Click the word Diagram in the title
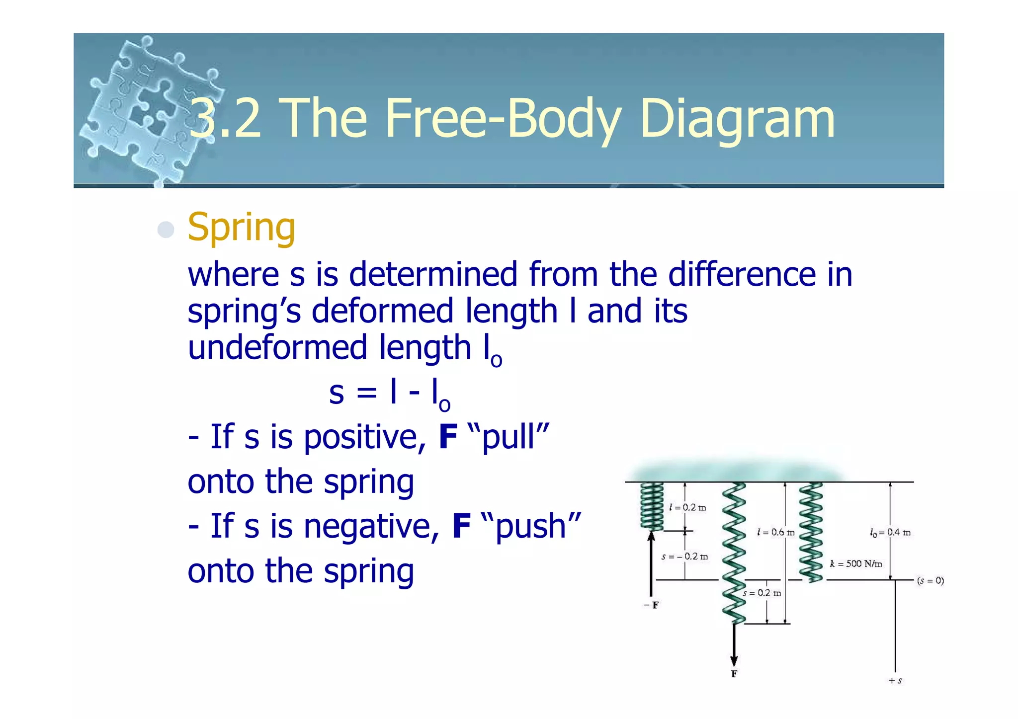[737, 119]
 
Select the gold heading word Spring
[242, 228]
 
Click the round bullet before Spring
[166, 230]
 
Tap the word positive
[365, 437]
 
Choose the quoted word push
[531, 526]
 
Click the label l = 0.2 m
[687, 507]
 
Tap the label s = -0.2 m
[684, 557]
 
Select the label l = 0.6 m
[775, 533]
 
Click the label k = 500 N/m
[856, 563]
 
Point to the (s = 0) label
[930, 580]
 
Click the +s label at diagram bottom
[895, 681]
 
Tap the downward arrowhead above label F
[734, 660]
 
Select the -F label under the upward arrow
[651, 605]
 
